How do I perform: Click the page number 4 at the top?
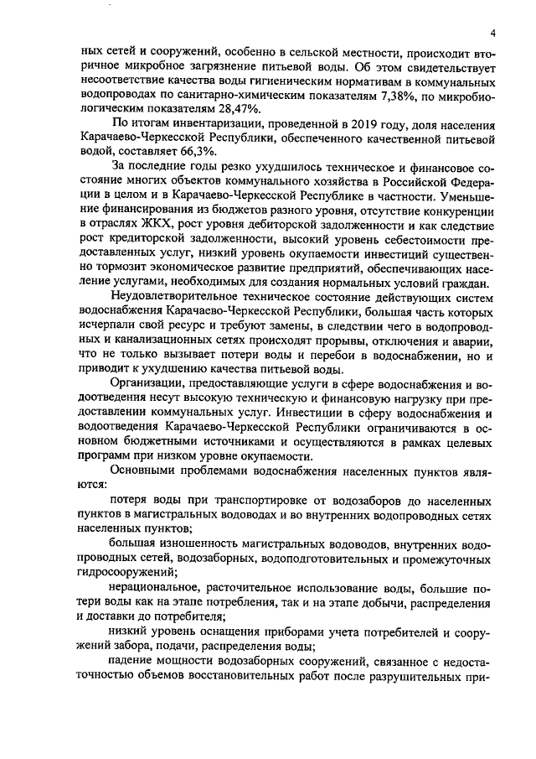click(x=493, y=34)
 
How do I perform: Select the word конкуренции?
click(x=461, y=208)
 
